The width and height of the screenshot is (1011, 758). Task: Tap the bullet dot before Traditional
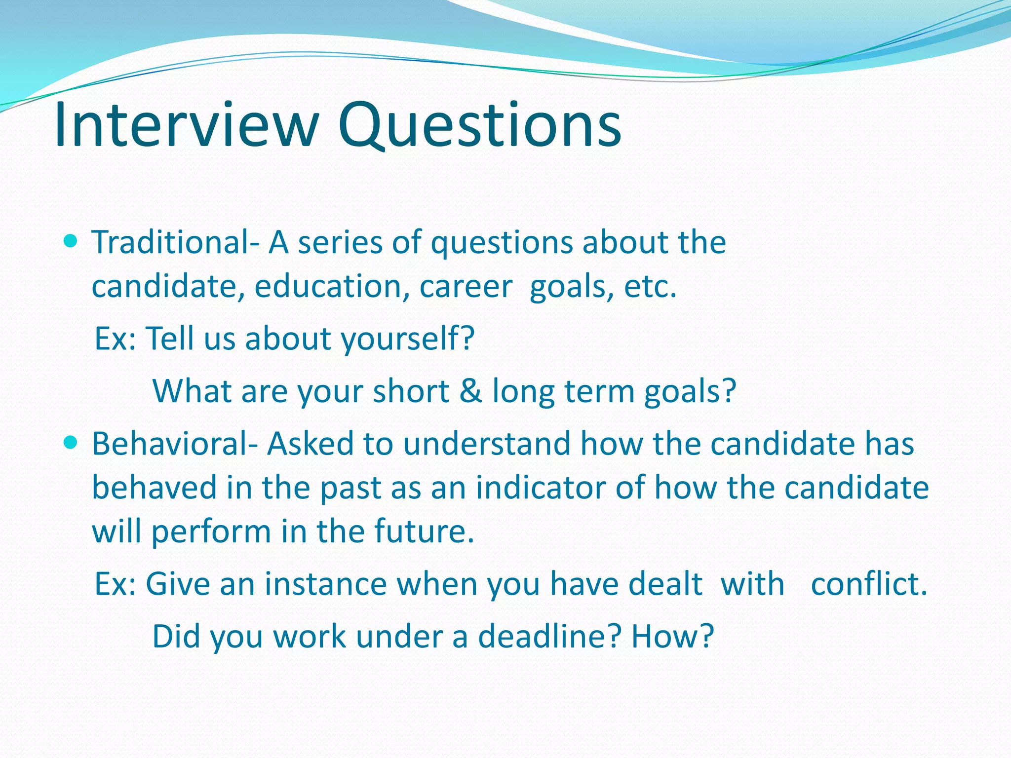click(x=71, y=242)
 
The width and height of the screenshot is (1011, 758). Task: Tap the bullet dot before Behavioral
click(x=71, y=443)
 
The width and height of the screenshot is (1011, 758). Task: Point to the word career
click(x=466, y=287)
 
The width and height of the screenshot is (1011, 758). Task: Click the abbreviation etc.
click(x=650, y=287)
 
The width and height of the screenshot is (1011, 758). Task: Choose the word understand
click(x=486, y=443)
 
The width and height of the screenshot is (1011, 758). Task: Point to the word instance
click(x=325, y=584)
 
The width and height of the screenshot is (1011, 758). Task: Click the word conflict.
click(x=869, y=584)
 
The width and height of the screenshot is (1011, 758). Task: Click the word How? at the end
click(x=672, y=637)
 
